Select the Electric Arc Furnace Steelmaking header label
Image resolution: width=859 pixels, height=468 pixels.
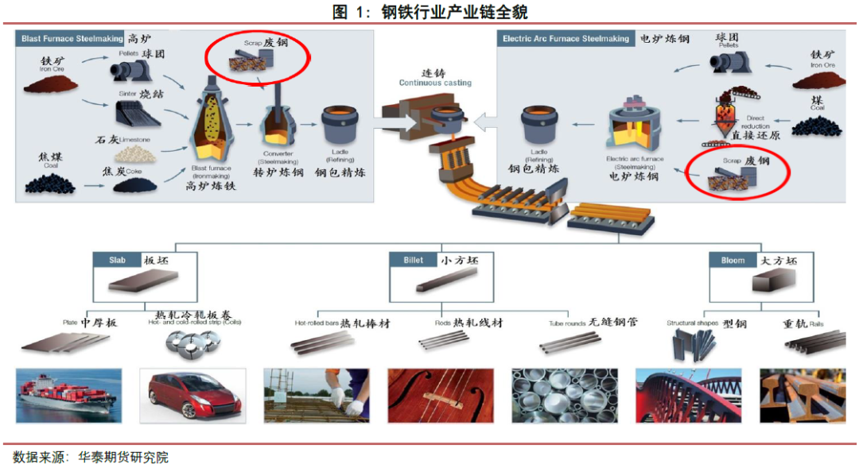[x=565, y=38]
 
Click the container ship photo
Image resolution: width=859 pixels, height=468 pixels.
[x=69, y=395]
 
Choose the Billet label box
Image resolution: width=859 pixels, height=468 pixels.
[x=413, y=260]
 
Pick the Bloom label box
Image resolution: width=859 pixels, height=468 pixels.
[x=733, y=260]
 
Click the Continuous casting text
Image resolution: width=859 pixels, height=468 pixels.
[x=435, y=83]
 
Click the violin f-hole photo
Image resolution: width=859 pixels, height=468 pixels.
[x=441, y=395]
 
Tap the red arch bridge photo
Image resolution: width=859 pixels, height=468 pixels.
[x=689, y=395]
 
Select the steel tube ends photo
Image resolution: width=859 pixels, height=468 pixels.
[x=566, y=395]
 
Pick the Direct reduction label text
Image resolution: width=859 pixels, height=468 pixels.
[x=755, y=122]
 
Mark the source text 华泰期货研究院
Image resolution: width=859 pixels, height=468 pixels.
[x=123, y=457]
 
